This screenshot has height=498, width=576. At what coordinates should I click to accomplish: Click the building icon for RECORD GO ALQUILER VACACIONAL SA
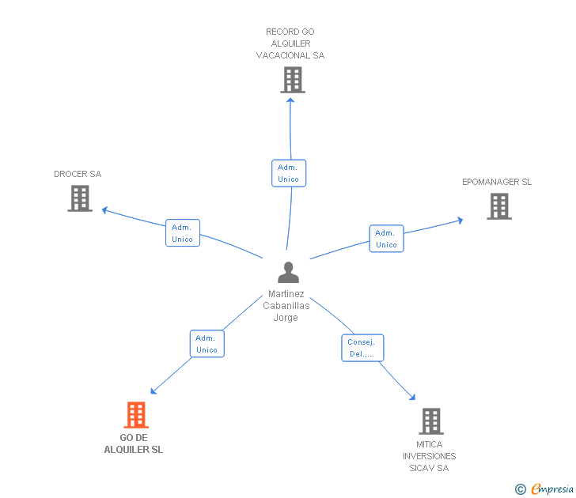point(293,80)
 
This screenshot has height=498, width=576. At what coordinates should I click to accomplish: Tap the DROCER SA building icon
point(80,198)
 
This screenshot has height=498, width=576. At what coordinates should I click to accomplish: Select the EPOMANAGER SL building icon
point(499,206)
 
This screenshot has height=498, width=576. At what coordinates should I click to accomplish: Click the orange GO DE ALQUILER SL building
point(136,415)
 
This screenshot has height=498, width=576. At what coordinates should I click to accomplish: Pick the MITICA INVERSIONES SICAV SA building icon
point(431,421)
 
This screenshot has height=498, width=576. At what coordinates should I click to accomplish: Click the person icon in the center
point(288,272)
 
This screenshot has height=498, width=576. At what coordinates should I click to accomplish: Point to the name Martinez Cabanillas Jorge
point(286,306)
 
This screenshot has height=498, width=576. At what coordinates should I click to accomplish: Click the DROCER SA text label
point(78,174)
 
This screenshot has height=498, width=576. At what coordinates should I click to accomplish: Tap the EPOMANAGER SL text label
point(497,182)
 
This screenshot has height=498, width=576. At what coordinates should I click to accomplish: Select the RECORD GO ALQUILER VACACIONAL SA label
point(290,43)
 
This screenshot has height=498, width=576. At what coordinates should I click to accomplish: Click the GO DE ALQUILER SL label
point(134,443)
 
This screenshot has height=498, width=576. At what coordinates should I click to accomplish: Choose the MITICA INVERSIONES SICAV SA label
point(429,456)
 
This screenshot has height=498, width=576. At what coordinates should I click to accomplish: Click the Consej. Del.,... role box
point(362,348)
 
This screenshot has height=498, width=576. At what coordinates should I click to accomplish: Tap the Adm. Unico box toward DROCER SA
point(183,233)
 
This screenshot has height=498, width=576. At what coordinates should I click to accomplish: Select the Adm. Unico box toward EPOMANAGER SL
point(386,239)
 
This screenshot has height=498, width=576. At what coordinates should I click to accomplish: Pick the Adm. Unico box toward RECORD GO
point(289,173)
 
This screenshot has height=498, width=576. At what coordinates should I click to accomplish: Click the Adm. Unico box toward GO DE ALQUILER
point(207,344)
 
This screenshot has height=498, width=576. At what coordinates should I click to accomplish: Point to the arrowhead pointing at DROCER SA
point(104,210)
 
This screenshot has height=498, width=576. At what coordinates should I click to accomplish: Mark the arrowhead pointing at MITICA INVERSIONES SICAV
point(412,397)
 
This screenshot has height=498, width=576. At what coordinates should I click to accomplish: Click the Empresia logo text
point(552,489)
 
